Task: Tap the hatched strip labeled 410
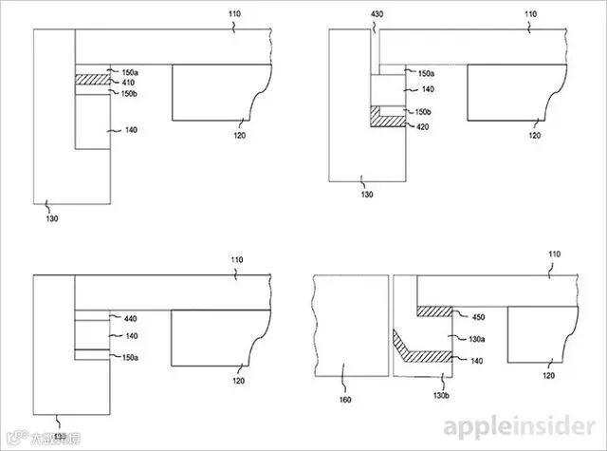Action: coord(93,83)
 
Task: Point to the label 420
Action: coord(425,125)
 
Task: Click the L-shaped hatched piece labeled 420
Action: coord(386,119)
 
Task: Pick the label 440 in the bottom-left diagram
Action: coord(131,320)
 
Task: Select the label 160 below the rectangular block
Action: coord(345,400)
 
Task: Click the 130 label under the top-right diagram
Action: coord(367,195)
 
